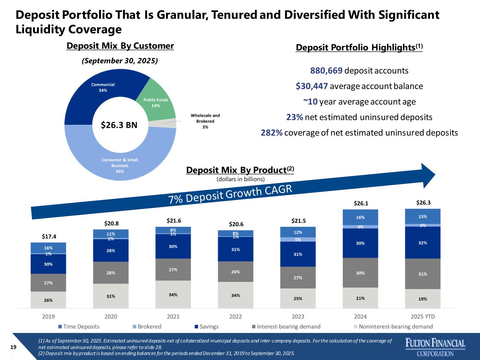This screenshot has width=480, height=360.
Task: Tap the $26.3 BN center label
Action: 119,125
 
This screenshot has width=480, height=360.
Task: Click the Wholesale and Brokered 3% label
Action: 205,121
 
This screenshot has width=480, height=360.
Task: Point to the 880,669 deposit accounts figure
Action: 326,71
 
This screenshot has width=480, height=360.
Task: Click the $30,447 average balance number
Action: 312,86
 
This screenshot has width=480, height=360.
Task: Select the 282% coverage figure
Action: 271,133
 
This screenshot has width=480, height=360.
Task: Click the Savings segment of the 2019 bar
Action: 48,264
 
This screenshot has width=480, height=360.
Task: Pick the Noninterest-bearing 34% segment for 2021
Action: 173,295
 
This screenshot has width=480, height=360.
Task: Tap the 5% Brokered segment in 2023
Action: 298,239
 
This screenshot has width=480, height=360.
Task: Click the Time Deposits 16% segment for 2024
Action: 360,217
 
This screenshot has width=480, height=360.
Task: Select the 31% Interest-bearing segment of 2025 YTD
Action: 423,274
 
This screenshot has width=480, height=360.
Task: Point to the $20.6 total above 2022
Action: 236,224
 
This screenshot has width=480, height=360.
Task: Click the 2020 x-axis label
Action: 111,317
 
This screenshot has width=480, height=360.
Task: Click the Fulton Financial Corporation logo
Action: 435,347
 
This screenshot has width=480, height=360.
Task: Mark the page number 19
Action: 14,347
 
